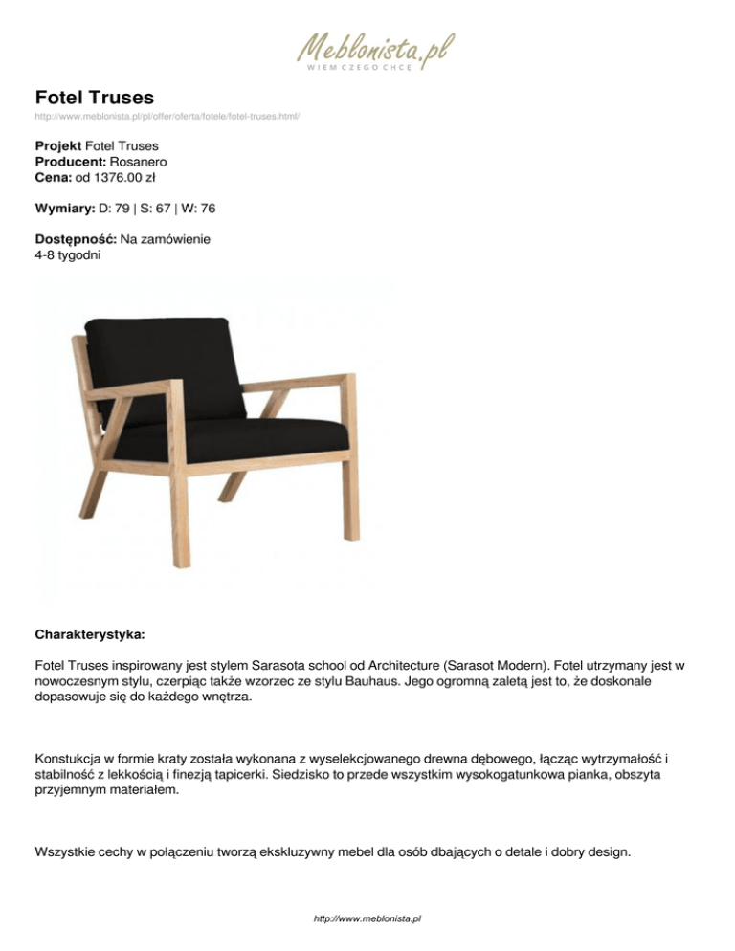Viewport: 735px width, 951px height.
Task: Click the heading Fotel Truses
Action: coord(95,97)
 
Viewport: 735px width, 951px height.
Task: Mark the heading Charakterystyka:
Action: coord(90,634)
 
